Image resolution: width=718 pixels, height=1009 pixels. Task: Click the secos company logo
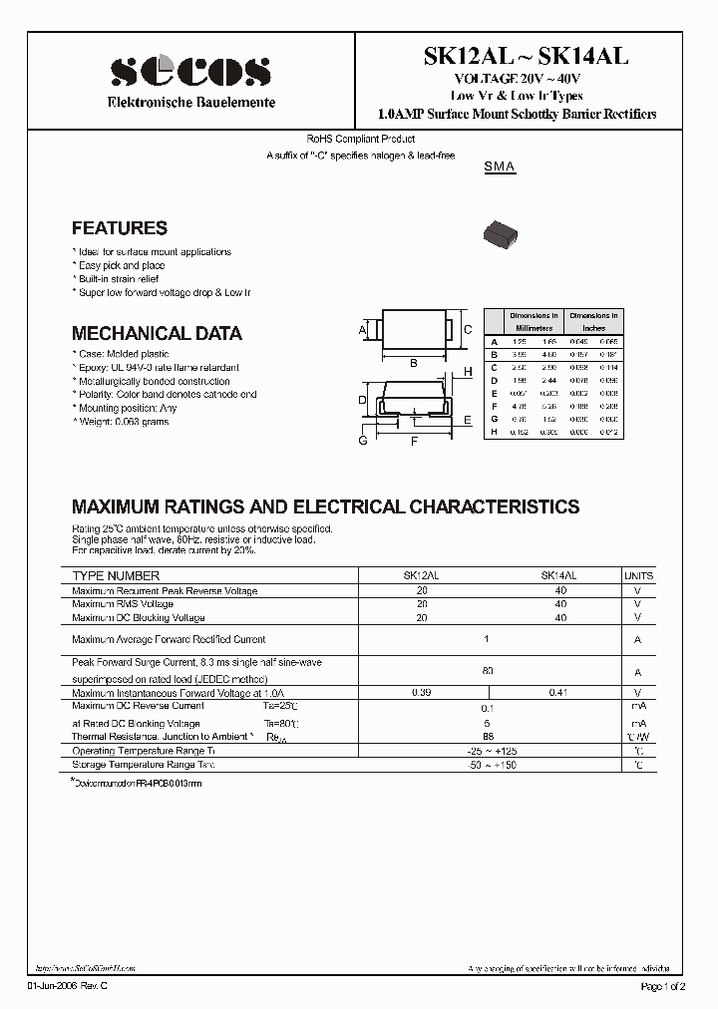pyautogui.click(x=190, y=72)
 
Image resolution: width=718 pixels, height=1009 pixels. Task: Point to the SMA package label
pyautogui.click(x=499, y=168)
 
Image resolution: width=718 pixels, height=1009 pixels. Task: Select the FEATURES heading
pyautogui.click(x=120, y=228)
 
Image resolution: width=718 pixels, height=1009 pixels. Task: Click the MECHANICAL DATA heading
pyautogui.click(x=157, y=334)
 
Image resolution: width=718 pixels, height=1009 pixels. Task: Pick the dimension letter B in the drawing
pyautogui.click(x=414, y=364)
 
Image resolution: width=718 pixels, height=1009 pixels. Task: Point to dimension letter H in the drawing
pyautogui.click(x=467, y=372)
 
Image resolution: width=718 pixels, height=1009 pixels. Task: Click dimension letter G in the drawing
pyautogui.click(x=363, y=440)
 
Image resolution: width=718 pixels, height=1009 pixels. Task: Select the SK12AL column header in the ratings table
pyautogui.click(x=420, y=576)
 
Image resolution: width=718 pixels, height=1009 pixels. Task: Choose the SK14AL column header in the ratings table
pyautogui.click(x=558, y=576)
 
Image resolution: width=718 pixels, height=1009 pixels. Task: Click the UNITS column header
pyautogui.click(x=638, y=576)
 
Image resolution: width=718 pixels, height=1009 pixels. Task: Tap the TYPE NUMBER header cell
pyautogui.click(x=116, y=576)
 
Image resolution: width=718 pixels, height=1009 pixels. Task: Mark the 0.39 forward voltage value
pyautogui.click(x=421, y=692)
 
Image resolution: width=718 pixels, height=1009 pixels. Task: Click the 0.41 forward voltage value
pyautogui.click(x=558, y=692)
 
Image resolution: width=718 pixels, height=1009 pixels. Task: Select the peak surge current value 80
pyautogui.click(x=488, y=671)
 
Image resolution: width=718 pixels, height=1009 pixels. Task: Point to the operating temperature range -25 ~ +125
pyautogui.click(x=488, y=750)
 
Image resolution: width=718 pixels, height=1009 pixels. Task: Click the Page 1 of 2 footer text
pyautogui.click(x=662, y=987)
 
